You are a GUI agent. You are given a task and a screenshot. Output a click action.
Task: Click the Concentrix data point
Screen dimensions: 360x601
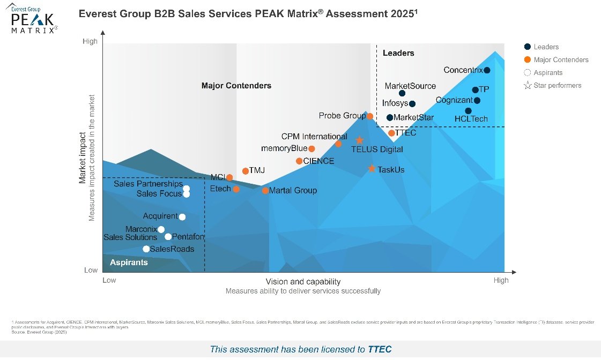pyautogui.click(x=487, y=70)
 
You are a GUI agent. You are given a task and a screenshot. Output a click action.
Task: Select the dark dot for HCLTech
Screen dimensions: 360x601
pyautogui.click(x=468, y=111)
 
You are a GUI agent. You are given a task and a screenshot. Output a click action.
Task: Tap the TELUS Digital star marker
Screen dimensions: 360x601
pyautogui.click(x=360, y=140)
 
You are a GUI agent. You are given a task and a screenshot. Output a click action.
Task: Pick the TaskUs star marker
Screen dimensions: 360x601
pyautogui.click(x=372, y=169)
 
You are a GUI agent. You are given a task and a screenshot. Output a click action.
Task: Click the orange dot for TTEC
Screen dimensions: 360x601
pyautogui.click(x=391, y=133)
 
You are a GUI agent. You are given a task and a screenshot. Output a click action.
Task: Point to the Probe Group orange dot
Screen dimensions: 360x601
pyautogui.click(x=370, y=116)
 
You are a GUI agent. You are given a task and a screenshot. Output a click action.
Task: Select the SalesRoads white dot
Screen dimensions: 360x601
pyautogui.click(x=146, y=249)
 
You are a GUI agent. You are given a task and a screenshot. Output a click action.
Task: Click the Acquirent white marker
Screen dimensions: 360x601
pyautogui.click(x=182, y=217)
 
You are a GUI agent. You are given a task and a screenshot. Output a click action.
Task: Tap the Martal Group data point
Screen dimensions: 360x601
pyautogui.click(x=265, y=191)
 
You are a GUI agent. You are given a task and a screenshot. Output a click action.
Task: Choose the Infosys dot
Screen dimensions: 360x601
pyautogui.click(x=412, y=104)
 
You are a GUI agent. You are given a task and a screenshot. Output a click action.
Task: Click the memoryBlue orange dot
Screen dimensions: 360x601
pyautogui.click(x=311, y=149)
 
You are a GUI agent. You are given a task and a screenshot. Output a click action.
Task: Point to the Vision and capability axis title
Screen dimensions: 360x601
pyautogui.click(x=303, y=282)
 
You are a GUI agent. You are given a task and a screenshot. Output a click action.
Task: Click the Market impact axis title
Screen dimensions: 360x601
pyautogui.click(x=83, y=158)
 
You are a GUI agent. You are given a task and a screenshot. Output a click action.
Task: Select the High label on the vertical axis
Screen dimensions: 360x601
pyautogui.click(x=90, y=42)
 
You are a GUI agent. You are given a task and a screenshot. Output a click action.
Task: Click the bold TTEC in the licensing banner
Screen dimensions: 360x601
pyautogui.click(x=380, y=349)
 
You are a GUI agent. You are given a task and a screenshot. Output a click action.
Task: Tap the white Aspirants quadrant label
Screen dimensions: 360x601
pyautogui.click(x=129, y=262)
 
